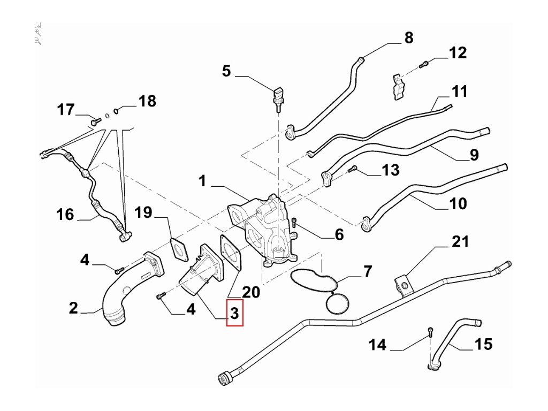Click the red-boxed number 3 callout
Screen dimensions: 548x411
234,313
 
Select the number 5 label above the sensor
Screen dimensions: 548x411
226,71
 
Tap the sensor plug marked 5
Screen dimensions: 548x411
278,99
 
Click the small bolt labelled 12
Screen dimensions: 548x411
424,64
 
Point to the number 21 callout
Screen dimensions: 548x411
460,241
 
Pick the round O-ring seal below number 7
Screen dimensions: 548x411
337,303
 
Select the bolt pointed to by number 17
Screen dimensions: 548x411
96,121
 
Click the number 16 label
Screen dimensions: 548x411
65,215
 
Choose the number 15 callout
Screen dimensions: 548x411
483,344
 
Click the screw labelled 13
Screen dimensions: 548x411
352,169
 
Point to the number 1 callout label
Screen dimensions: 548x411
202,181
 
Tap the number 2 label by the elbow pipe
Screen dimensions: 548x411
73,308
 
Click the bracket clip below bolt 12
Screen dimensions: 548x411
398,87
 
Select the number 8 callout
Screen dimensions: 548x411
409,38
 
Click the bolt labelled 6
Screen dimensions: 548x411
294,223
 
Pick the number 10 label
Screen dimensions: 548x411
458,203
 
